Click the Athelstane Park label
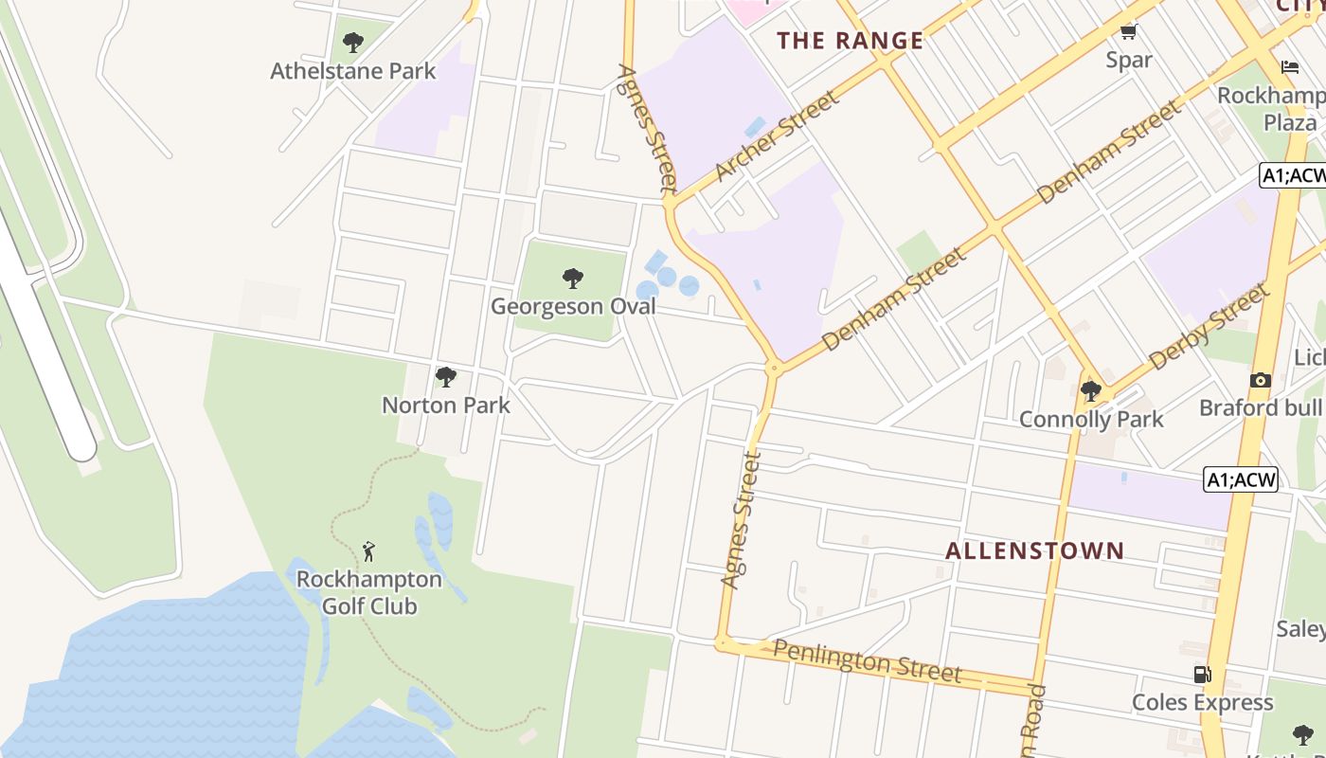tap(353, 71)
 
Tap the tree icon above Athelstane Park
tap(353, 43)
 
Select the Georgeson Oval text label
tap(573, 306)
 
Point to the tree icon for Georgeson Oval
tap(572, 279)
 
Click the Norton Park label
tap(446, 405)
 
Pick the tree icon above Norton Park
tap(446, 377)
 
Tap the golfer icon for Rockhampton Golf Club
tap(369, 551)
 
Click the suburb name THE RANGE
tap(850, 41)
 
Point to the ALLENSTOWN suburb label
tap(1035, 550)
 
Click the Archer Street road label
tap(777, 135)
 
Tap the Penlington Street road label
tap(867, 661)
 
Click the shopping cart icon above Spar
tap(1128, 32)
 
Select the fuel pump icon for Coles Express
tap(1202, 675)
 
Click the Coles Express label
tap(1203, 702)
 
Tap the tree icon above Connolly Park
tap(1091, 390)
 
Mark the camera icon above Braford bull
tap(1260, 380)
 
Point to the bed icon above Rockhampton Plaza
tap(1289, 67)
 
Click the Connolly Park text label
tap(1091, 419)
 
